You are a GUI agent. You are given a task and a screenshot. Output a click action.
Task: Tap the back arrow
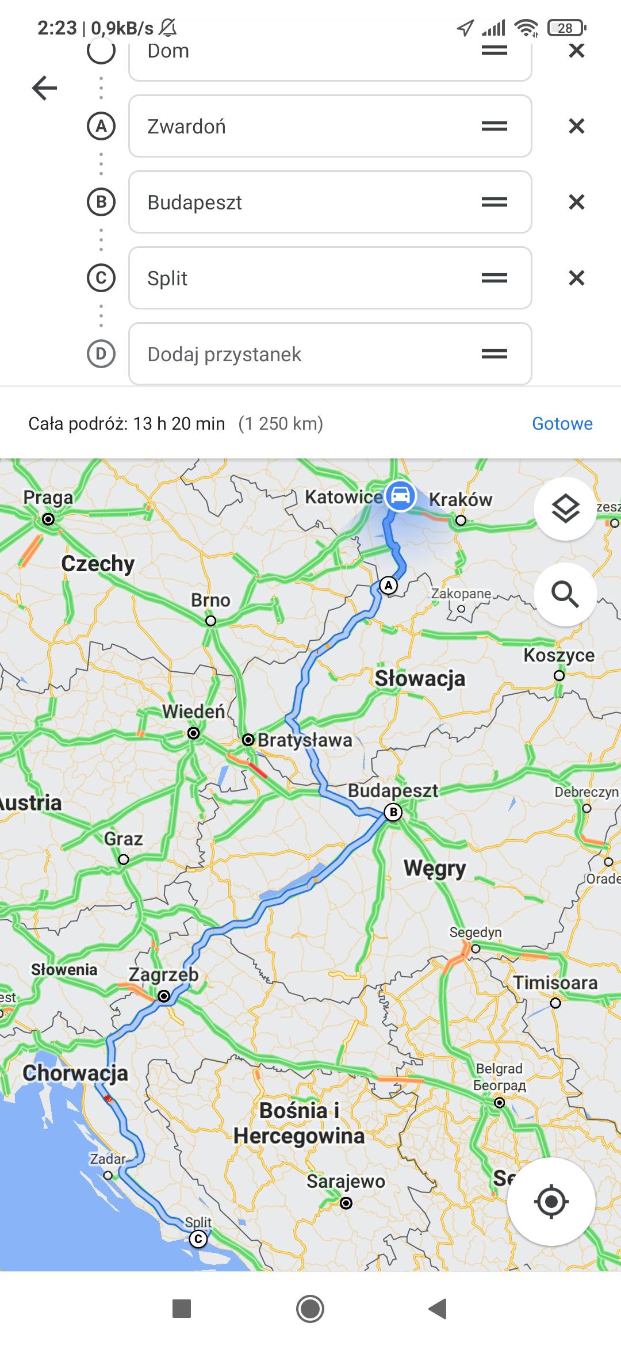pyautogui.click(x=44, y=88)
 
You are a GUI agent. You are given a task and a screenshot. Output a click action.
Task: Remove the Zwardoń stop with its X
pyautogui.click(x=576, y=126)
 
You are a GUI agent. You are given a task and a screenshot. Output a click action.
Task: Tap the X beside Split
pyautogui.click(x=576, y=278)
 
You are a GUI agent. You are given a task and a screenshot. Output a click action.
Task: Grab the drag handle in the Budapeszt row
pyautogui.click(x=494, y=202)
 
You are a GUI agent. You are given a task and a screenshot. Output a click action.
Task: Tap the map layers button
pyautogui.click(x=565, y=508)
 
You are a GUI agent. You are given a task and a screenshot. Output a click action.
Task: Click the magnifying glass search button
pyautogui.click(x=565, y=594)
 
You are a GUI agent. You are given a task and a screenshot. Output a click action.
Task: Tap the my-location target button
pyautogui.click(x=551, y=1201)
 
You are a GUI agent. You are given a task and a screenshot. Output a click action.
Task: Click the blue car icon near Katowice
pyautogui.click(x=400, y=495)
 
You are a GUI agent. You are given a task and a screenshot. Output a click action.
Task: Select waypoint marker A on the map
pyautogui.click(x=389, y=586)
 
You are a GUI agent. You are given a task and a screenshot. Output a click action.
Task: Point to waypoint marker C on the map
pyautogui.click(x=198, y=1238)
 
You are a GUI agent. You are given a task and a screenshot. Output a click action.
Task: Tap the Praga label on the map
pyautogui.click(x=48, y=498)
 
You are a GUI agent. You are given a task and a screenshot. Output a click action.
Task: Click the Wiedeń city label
pyautogui.click(x=193, y=712)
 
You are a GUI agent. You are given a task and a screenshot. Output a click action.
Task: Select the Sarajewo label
pyautogui.click(x=346, y=1181)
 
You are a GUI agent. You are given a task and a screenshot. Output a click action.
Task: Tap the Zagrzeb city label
pyautogui.click(x=163, y=974)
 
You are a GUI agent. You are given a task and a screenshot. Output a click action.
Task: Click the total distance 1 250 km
pyautogui.click(x=281, y=424)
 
